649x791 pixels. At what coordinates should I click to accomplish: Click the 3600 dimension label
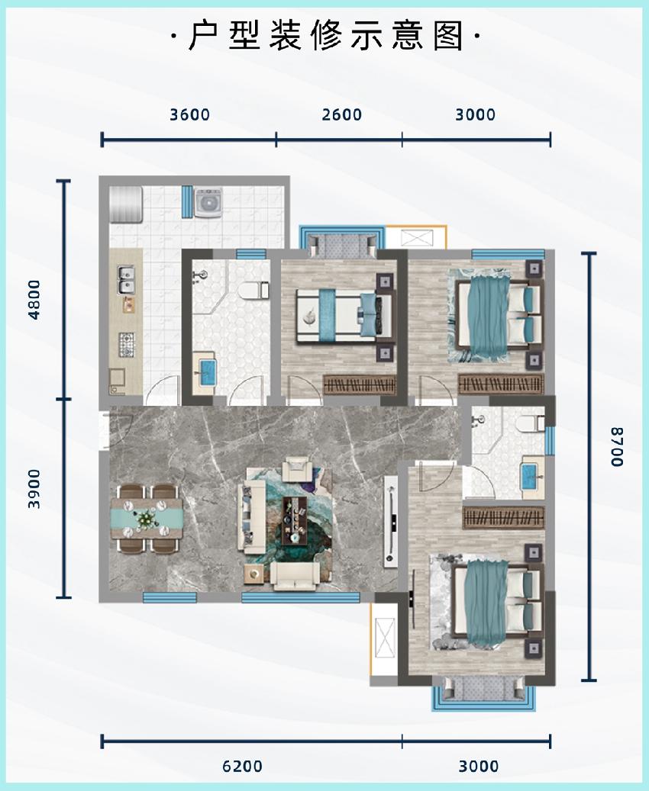click(189, 114)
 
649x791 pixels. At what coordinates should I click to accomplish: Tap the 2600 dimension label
click(342, 114)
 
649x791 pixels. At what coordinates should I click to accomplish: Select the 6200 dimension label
click(243, 767)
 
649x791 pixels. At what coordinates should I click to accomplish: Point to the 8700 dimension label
click(617, 447)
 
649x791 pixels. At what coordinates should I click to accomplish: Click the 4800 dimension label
click(34, 300)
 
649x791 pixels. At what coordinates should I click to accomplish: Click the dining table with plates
click(147, 518)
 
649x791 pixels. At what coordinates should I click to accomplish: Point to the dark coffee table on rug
click(295, 521)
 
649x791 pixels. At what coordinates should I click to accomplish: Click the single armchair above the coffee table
click(299, 468)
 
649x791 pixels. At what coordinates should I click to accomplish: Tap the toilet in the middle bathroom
click(254, 291)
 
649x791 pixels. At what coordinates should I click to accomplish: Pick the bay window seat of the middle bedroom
click(342, 245)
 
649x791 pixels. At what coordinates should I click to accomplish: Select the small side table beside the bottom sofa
click(254, 574)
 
